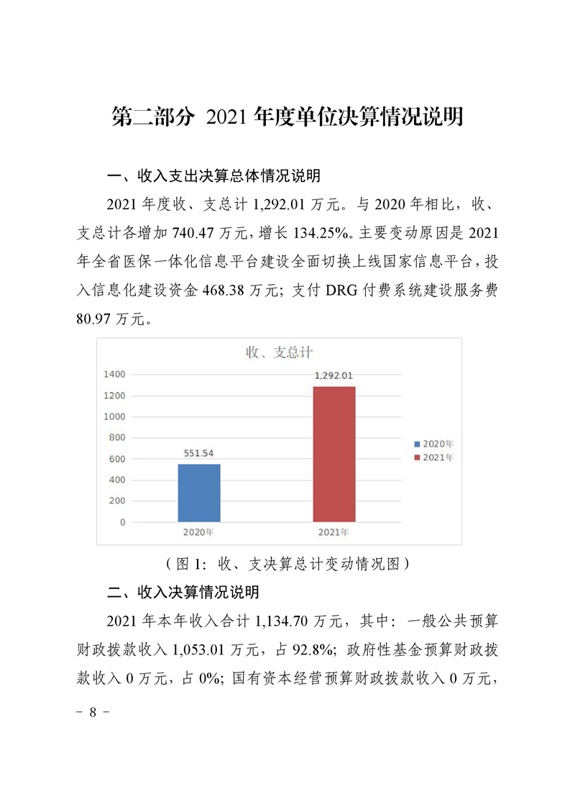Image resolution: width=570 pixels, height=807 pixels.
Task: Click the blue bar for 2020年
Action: [x=199, y=493]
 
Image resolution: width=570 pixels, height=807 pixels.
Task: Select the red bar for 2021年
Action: [x=334, y=454]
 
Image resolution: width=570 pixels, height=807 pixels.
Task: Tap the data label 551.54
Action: [x=199, y=454]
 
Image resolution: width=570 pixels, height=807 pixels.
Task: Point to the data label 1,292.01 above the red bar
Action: [x=334, y=375]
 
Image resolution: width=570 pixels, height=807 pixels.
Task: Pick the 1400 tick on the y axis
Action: [x=115, y=374]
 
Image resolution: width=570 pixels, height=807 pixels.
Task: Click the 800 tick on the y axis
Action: [x=117, y=437]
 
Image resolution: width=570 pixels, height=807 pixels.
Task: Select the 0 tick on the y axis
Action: [x=122, y=522]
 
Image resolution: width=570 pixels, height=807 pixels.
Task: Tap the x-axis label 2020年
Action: [x=199, y=532]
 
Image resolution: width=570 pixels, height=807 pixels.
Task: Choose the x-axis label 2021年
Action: [x=334, y=532]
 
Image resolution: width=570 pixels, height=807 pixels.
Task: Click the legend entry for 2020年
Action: [x=434, y=443]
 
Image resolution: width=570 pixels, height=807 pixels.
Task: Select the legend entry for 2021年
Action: [x=434, y=457]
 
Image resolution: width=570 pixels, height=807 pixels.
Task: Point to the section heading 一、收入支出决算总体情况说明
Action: [x=213, y=176]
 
